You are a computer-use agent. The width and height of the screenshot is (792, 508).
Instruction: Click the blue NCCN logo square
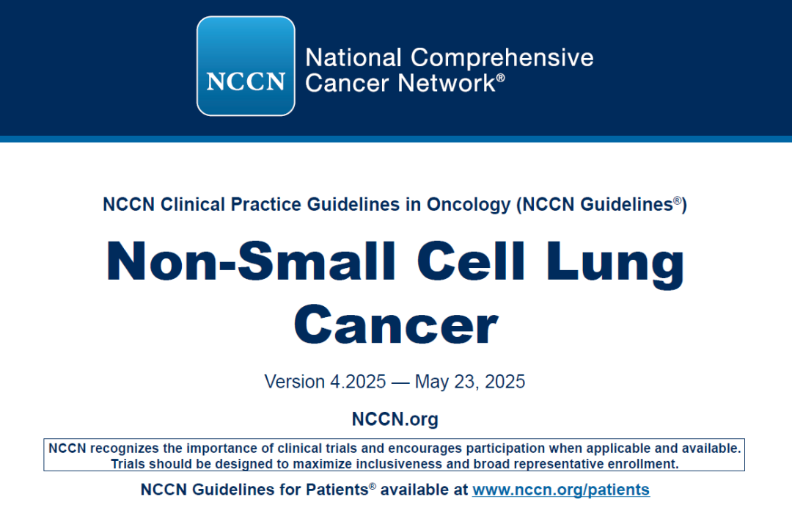tap(246, 66)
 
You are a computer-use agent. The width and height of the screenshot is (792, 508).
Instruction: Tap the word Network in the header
tap(447, 83)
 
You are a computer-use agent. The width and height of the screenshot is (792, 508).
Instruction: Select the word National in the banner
tap(353, 57)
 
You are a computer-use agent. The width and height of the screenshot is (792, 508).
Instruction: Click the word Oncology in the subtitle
tap(469, 205)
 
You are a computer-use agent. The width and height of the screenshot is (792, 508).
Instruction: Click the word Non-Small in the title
tap(251, 261)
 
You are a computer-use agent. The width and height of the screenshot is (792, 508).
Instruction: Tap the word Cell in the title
tap(471, 261)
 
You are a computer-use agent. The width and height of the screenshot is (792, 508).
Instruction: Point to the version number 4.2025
tap(358, 382)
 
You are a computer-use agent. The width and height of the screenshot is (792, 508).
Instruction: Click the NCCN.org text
tap(395, 419)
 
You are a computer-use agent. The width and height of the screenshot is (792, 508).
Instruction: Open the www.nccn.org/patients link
tap(561, 490)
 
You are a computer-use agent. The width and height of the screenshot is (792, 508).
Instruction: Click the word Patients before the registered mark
tap(337, 490)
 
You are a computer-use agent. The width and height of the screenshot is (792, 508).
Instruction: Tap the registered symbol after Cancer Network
tap(501, 77)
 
